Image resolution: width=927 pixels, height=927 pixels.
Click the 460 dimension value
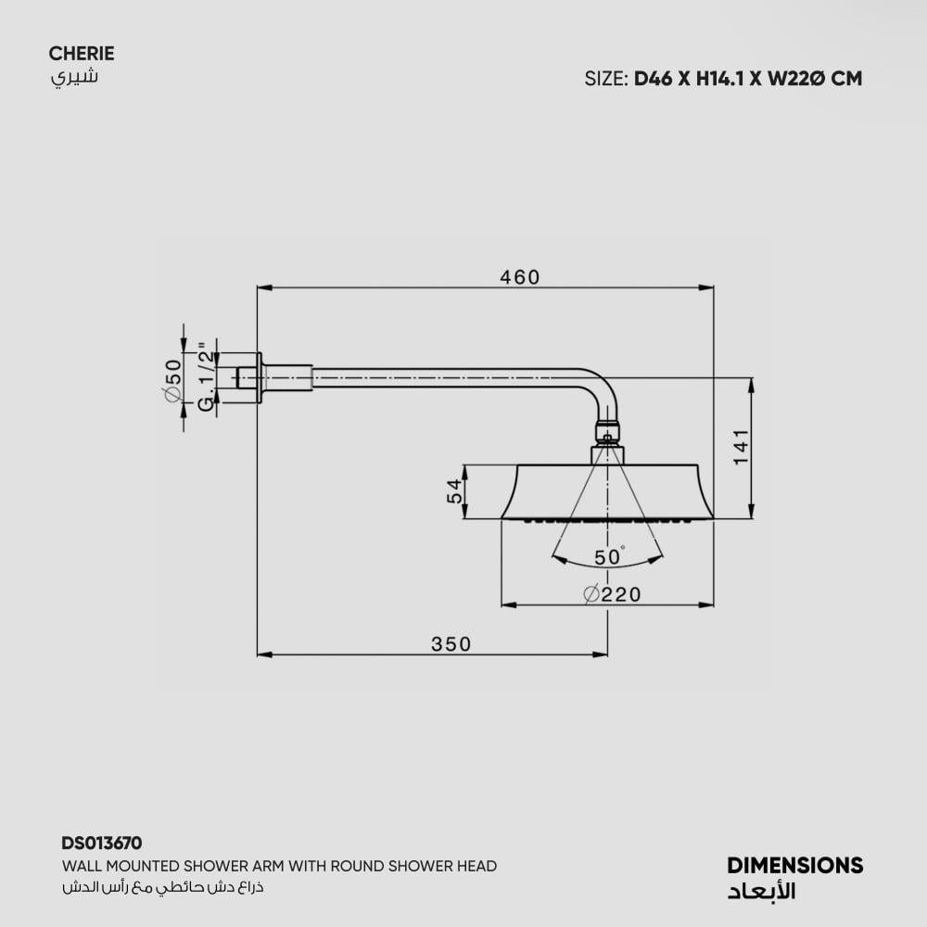520,276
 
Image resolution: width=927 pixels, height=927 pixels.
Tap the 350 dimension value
451,644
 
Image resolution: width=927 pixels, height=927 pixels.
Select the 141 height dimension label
741,448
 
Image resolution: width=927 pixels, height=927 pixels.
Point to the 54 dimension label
454,491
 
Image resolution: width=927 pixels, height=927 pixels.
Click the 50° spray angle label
609,556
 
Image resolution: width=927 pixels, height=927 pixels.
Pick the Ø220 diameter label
612,594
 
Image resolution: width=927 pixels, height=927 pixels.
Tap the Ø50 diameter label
173,381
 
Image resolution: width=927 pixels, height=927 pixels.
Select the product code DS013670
102,843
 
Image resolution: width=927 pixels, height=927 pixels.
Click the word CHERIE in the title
82,53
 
